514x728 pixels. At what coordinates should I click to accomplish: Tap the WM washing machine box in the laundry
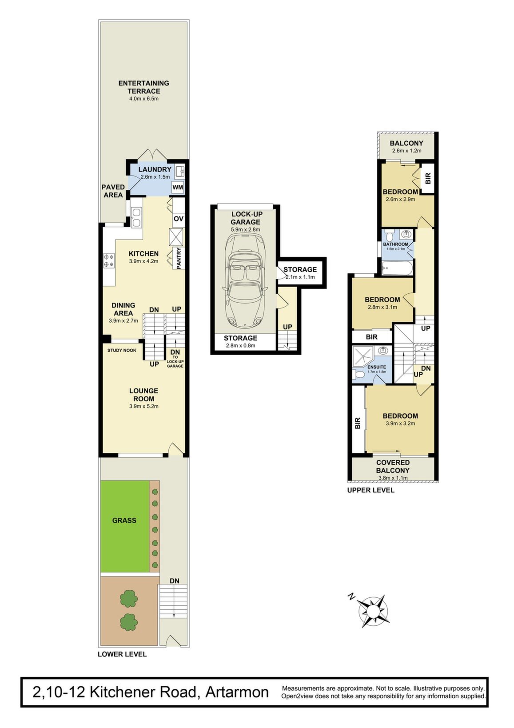[178, 188]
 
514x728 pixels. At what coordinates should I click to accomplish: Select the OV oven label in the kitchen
[179, 219]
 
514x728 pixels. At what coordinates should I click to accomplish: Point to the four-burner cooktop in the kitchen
[109, 260]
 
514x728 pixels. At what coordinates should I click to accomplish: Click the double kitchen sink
[136, 217]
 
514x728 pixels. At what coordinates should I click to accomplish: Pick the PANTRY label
[179, 258]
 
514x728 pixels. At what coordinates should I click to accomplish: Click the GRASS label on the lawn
[124, 520]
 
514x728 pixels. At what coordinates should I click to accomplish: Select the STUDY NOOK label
[122, 350]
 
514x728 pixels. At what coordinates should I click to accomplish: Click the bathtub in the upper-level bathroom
[397, 268]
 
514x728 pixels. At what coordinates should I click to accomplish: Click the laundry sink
[179, 171]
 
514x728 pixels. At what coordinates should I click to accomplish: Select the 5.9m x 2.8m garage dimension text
[246, 229]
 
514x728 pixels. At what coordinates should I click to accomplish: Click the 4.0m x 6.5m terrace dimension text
[143, 99]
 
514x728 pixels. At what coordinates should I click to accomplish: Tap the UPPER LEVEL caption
[371, 490]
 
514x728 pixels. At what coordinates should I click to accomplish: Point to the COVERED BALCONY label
[393, 466]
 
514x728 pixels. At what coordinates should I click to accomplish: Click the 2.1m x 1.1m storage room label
[300, 277]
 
